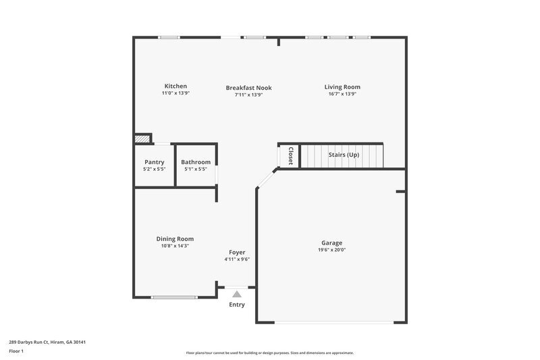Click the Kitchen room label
click(x=175, y=86)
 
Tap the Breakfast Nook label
click(x=248, y=88)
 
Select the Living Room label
click(x=342, y=87)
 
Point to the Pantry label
click(x=155, y=162)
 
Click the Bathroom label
click(x=196, y=162)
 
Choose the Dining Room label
click(x=175, y=239)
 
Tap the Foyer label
click(x=237, y=253)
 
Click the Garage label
click(x=331, y=243)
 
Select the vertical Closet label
click(x=290, y=155)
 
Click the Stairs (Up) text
click(x=344, y=155)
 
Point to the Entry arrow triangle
click(x=236, y=294)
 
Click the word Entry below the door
click(x=237, y=305)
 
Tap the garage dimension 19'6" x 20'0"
click(x=331, y=250)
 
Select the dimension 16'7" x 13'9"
click(x=342, y=95)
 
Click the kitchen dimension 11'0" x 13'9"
click(x=175, y=94)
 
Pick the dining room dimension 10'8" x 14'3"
click(x=175, y=246)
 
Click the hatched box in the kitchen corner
click(x=140, y=139)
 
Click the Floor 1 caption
click(x=17, y=352)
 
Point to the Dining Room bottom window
click(x=174, y=297)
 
